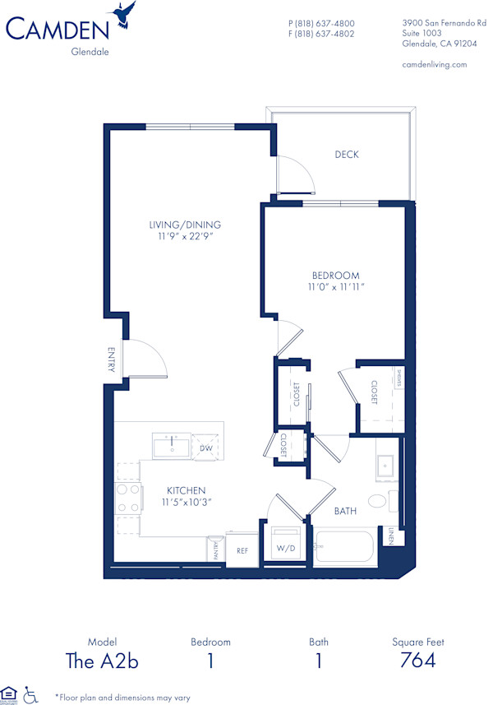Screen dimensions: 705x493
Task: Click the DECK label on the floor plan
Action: [347, 155]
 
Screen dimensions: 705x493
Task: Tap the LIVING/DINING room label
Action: [185, 225]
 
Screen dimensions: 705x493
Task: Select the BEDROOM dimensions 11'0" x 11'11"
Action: [335, 287]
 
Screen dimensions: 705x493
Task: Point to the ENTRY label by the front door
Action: [111, 359]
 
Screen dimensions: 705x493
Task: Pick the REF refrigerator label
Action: [242, 550]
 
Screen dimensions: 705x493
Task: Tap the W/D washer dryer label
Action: [286, 547]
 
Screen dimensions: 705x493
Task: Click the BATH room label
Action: [345, 512]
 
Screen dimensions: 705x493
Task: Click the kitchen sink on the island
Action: [172, 447]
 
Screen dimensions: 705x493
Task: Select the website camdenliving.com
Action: [435, 64]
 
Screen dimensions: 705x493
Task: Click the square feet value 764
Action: [418, 660]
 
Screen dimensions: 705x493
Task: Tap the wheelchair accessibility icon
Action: [31, 695]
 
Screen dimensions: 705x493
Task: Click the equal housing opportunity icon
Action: [10, 694]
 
